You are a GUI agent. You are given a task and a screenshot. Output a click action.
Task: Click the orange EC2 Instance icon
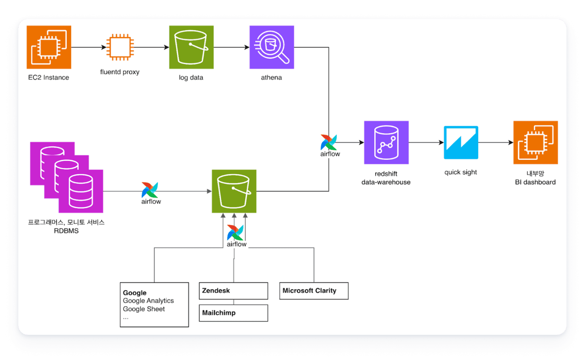[x=49, y=47]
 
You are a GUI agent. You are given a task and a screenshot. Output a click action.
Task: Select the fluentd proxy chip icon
[x=120, y=47]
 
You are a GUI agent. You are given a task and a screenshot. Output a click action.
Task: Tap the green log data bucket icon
[x=191, y=47]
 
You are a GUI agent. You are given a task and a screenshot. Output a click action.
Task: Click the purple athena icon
[x=271, y=47]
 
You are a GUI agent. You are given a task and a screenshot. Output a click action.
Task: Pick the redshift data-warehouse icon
[x=386, y=143]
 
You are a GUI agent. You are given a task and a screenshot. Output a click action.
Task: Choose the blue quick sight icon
[x=461, y=143]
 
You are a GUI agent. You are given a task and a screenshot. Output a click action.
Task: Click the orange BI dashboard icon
[x=535, y=143]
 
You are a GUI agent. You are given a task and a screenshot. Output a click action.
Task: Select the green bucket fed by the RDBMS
[x=234, y=191]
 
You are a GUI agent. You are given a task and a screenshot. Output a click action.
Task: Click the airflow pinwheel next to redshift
[x=329, y=143]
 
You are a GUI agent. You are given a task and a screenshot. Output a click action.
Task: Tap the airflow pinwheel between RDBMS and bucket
[x=150, y=190]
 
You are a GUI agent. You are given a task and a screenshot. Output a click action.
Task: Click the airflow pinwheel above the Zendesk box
[x=235, y=233]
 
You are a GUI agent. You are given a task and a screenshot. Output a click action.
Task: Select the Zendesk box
[x=233, y=291]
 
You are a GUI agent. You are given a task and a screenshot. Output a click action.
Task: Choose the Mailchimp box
[x=233, y=313]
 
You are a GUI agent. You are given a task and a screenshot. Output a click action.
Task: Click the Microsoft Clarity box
[x=314, y=291]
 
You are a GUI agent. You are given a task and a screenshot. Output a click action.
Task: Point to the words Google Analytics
[x=148, y=301]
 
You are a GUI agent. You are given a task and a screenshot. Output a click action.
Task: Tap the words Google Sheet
[x=144, y=309]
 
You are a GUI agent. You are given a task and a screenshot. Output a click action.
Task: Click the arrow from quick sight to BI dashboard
[x=496, y=143]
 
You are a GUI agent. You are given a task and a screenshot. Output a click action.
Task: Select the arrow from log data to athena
[x=231, y=47]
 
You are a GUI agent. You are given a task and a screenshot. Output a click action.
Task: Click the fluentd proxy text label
[x=120, y=72]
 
